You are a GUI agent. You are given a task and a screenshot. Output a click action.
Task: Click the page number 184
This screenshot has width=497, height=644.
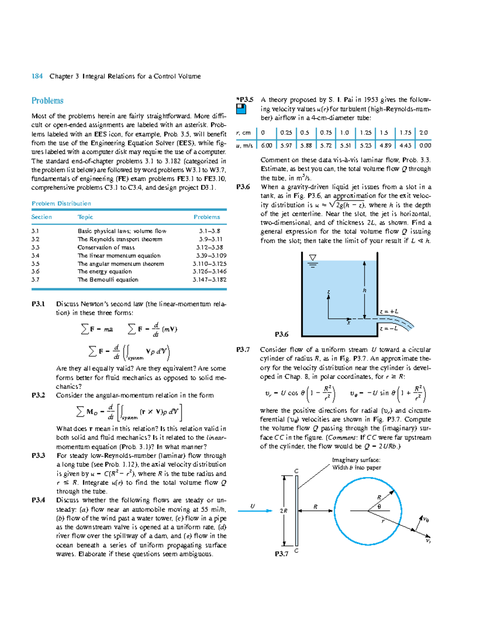pyautogui.click(x=37, y=76)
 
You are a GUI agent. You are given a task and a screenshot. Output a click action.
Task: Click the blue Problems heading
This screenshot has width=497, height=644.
pyautogui.click(x=48, y=101)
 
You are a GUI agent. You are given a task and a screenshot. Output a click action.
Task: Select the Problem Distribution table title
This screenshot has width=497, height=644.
pyautogui.click(x=61, y=204)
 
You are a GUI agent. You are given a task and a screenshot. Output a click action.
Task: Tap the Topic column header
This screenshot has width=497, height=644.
pyautogui.click(x=85, y=217)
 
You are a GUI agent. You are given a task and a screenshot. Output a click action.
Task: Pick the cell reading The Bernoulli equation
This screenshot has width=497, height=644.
pyautogui.click(x=108, y=280)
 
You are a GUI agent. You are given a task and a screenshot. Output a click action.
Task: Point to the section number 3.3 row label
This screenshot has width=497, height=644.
pyautogui.click(x=35, y=248)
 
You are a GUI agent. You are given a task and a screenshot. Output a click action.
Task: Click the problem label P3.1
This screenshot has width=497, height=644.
pyautogui.click(x=38, y=304)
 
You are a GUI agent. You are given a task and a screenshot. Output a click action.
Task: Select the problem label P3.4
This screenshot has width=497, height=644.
pyautogui.click(x=38, y=500)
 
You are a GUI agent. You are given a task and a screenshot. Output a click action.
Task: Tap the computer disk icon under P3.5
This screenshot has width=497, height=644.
pyautogui.click(x=241, y=109)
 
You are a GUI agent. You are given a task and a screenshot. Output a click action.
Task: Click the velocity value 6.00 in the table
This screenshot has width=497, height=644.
pyautogui.click(x=266, y=146)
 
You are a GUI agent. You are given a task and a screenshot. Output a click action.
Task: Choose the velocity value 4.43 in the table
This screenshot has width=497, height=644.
pyautogui.click(x=405, y=146)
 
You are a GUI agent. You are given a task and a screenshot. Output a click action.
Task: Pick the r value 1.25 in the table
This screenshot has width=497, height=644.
pyautogui.click(x=365, y=133)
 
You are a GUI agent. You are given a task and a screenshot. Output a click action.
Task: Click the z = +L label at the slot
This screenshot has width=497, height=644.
pyautogui.click(x=389, y=311)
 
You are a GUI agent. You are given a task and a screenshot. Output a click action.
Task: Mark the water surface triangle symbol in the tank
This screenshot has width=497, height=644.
pyautogui.click(x=313, y=258)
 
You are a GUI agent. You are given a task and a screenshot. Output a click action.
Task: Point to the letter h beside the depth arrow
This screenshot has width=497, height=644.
pyautogui.click(x=364, y=291)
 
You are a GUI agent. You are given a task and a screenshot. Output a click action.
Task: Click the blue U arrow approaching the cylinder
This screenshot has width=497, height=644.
pyautogui.click(x=255, y=511)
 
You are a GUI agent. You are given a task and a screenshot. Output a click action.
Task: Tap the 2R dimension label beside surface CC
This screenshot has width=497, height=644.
pyautogui.click(x=284, y=511)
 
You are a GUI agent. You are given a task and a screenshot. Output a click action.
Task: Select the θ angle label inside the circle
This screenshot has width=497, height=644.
pyautogui.click(x=379, y=506)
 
